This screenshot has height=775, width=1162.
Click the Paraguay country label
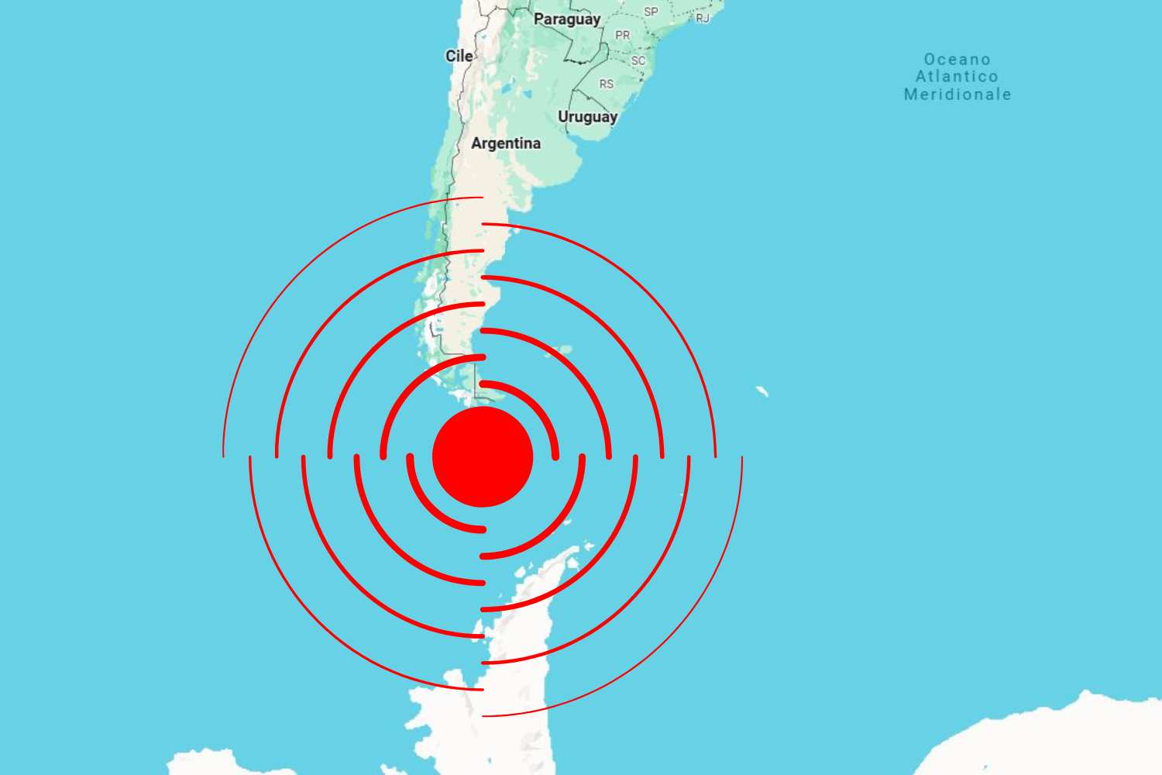coord(567,19)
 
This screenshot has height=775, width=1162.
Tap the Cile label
coord(459,56)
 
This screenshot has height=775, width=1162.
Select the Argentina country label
coord(506,143)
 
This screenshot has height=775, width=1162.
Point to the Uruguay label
coord(587,117)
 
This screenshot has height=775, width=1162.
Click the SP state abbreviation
coord(651,12)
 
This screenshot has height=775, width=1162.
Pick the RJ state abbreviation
coord(703,18)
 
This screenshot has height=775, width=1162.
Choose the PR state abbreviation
coord(622,36)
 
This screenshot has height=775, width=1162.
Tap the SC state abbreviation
coord(638,60)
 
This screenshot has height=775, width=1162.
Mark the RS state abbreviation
coord(606,84)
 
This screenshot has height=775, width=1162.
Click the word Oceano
coord(957,60)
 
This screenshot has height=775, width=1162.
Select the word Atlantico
coord(957,77)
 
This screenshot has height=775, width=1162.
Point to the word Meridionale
coord(957,95)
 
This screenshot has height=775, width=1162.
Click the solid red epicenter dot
coord(483,456)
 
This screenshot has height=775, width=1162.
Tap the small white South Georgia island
coord(762,391)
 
